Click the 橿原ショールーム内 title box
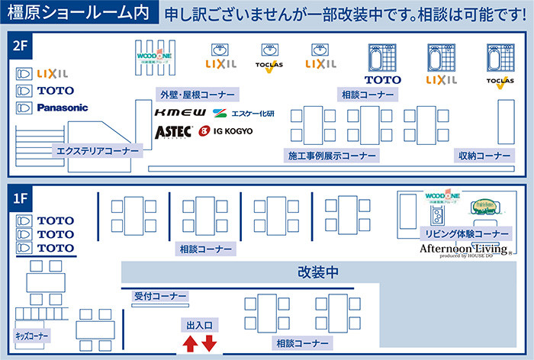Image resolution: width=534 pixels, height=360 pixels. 79,14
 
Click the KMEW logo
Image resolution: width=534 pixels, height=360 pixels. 180,113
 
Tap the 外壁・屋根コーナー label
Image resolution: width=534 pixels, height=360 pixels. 196,95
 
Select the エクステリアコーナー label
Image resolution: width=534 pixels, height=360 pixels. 98,151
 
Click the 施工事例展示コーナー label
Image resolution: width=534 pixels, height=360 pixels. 332,156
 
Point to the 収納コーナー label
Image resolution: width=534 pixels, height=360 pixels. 484,156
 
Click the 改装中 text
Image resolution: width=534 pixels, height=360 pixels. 318,272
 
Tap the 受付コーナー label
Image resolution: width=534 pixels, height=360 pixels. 160,297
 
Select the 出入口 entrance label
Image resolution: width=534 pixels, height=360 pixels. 199,326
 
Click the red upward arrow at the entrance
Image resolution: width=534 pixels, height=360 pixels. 190,345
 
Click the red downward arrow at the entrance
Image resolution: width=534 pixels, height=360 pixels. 209,345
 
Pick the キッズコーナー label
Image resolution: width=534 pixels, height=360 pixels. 32,336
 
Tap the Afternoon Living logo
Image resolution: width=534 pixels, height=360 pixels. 463,249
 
